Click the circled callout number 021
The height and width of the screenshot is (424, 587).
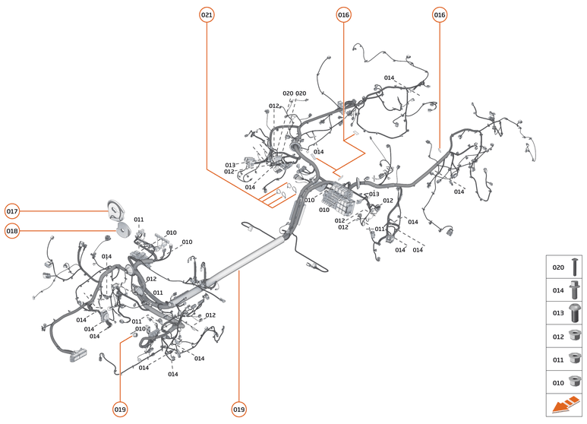pyautogui.click(x=207, y=14)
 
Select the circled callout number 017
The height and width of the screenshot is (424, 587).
pyautogui.click(x=12, y=210)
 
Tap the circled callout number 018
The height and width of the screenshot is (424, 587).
pyautogui.click(x=12, y=231)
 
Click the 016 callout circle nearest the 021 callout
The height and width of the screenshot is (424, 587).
pyautogui.click(x=343, y=14)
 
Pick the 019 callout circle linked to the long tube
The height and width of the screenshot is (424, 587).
pyautogui.click(x=239, y=410)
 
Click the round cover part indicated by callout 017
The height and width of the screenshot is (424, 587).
pyautogui.click(x=115, y=208)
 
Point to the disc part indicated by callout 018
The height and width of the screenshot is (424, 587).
pyautogui.click(x=122, y=229)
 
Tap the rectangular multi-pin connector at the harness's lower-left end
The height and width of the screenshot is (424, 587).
pyautogui.click(x=77, y=354)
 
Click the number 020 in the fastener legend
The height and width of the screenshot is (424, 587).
pyautogui.click(x=558, y=267)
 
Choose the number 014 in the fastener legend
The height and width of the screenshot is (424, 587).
pyautogui.click(x=558, y=290)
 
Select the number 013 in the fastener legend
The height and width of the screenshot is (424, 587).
pyautogui.click(x=558, y=312)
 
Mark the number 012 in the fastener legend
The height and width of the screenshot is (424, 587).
pyautogui.click(x=558, y=335)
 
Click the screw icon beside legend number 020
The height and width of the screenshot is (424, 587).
pyautogui.click(x=575, y=267)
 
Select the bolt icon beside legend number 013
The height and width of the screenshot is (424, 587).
pyautogui.click(x=575, y=312)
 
